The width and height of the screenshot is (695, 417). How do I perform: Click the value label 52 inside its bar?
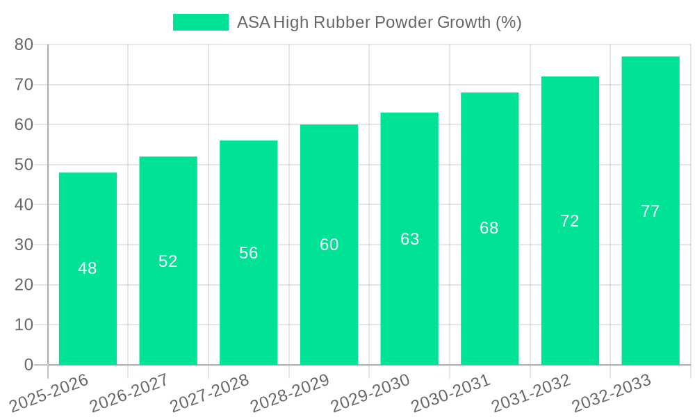(168, 261)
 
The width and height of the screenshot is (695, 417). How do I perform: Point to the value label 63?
(410, 239)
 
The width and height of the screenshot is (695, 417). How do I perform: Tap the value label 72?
(570, 221)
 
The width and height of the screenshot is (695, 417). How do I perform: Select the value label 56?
(249, 253)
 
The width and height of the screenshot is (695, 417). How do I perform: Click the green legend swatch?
(200, 22)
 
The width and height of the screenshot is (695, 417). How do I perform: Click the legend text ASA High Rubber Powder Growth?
(379, 22)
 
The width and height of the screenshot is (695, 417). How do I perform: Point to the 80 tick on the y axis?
(24, 44)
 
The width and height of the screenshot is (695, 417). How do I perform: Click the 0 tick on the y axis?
(28, 365)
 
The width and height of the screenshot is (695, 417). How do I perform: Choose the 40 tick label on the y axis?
(24, 205)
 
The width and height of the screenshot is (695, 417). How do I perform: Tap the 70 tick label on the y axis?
(24, 85)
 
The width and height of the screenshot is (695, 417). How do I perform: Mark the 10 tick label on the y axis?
(24, 325)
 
